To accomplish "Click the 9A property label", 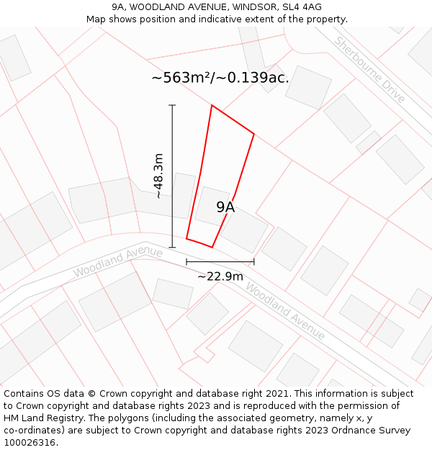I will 225,207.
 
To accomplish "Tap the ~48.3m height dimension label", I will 158,176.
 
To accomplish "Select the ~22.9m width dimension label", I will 220,276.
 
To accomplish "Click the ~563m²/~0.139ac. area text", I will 220,78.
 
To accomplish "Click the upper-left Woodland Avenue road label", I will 118,262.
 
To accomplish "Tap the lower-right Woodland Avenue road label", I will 285,310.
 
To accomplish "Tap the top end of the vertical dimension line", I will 172,105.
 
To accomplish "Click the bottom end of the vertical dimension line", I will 172,247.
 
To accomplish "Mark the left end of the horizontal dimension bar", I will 186,262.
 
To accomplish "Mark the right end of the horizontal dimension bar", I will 254,262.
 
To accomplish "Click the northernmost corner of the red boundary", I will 212,106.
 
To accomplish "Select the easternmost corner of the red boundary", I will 254,133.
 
